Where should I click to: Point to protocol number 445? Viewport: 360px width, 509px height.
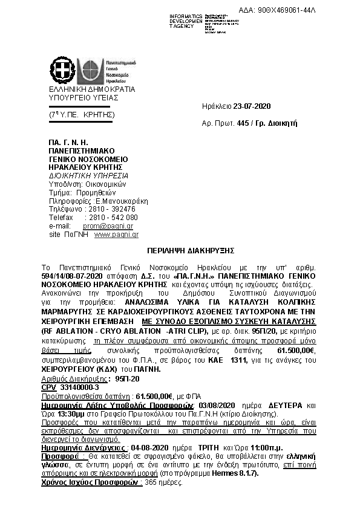(244, 123)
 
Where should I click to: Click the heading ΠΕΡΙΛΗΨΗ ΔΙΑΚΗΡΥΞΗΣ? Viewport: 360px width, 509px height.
(182, 249)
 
